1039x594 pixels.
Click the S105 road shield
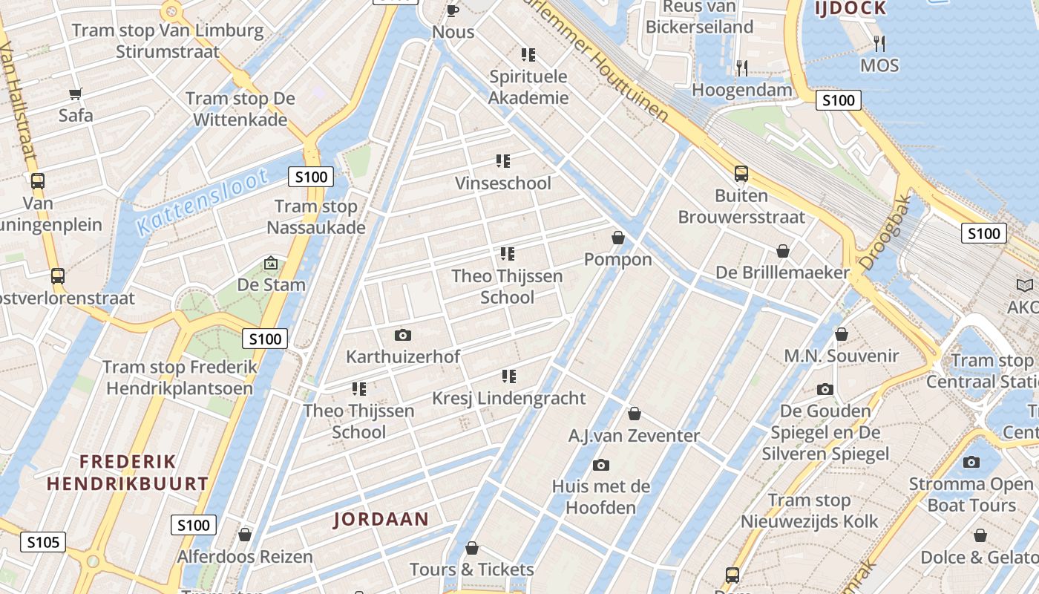point(42,542)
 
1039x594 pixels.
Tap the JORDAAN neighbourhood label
point(381,519)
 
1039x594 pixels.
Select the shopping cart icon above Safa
point(75,94)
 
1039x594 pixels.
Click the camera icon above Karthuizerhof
point(403,335)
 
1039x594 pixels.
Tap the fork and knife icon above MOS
point(879,43)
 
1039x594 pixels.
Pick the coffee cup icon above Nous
point(453,10)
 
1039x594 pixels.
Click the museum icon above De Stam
point(271,263)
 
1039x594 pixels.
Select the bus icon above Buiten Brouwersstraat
point(741,174)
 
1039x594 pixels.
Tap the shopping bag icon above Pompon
point(617,238)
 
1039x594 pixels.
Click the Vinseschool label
point(502,183)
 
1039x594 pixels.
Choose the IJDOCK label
point(850,8)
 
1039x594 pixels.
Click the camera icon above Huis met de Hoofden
point(601,466)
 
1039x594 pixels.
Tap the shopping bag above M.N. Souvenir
point(841,335)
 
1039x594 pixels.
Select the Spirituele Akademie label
point(528,87)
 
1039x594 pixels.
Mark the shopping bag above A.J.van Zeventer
point(634,414)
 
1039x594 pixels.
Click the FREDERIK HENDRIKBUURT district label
point(128,472)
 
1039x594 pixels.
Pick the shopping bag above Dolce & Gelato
point(980,535)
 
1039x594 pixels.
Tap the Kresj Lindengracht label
point(509,398)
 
